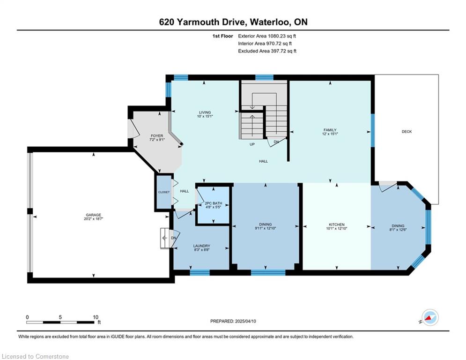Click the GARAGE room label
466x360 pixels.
pos(93,215)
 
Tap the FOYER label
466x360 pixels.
pos(157,135)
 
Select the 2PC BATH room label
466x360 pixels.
pos(214,203)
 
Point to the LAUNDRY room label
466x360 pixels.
pos(201,246)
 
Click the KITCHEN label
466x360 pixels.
pos(336,225)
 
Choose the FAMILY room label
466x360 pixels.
pos(330,130)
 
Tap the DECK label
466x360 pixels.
pos(407,132)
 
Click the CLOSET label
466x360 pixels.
pos(164,192)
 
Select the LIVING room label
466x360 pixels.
pos(205,112)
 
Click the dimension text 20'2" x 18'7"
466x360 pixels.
pos(93,219)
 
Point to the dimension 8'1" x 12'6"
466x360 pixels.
pos(398,230)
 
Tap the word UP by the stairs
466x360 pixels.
pos(252,144)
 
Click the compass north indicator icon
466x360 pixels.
pos(430,317)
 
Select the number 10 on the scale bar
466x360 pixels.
pos(96,317)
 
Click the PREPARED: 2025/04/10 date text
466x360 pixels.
pos(233,321)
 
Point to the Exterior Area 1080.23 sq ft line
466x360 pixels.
pos(267,36)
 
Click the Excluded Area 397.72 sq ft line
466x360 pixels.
pos(267,51)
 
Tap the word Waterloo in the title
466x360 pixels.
pos(270,22)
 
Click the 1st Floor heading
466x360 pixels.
pos(222,36)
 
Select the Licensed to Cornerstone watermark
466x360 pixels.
pos(35,356)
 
